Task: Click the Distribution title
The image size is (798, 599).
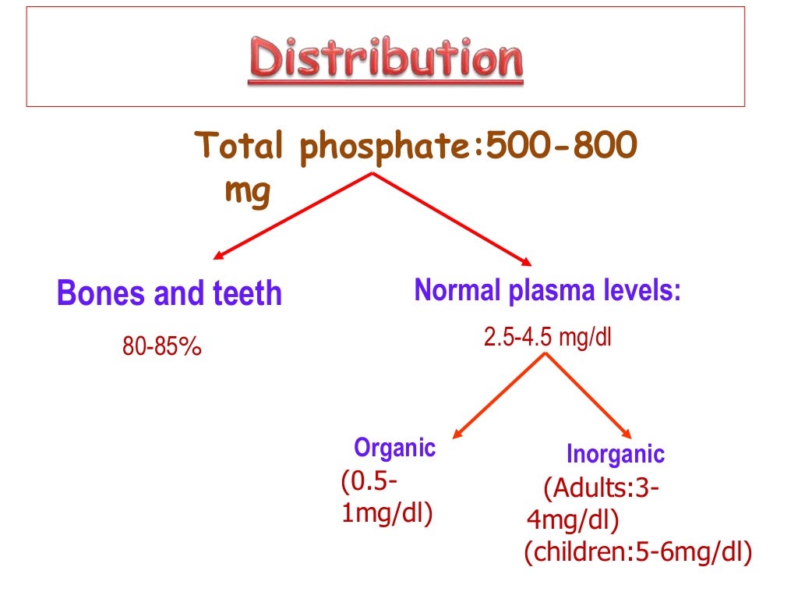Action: (x=387, y=61)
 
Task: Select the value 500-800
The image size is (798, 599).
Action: (x=561, y=146)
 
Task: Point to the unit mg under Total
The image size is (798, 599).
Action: (x=247, y=191)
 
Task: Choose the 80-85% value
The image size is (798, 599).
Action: (x=162, y=346)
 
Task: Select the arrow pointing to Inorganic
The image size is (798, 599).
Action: (x=589, y=394)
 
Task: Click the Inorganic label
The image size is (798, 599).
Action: (x=615, y=454)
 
